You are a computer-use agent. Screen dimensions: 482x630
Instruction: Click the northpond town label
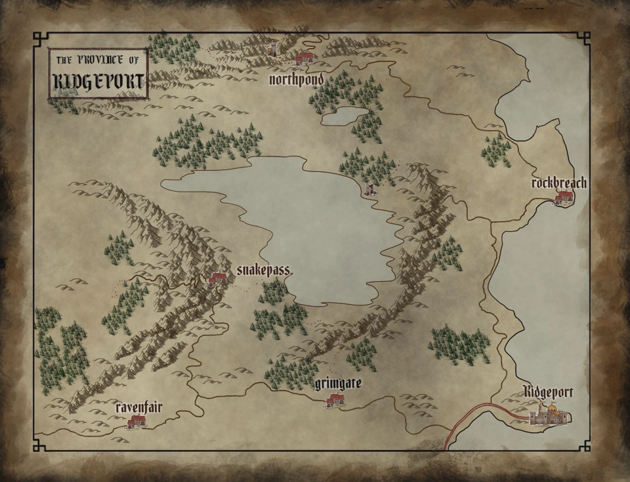(297, 79)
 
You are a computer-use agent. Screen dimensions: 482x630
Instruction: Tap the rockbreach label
(559, 183)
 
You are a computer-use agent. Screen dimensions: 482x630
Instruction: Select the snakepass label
(263, 271)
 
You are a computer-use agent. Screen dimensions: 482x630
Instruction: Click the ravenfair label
(138, 408)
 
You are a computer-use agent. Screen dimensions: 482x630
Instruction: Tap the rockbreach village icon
(563, 197)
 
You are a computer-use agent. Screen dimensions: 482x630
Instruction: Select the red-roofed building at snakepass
(218, 279)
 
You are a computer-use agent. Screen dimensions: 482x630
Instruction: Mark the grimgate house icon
(335, 400)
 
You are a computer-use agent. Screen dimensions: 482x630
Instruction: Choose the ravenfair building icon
(136, 422)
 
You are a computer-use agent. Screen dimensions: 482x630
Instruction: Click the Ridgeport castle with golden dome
(550, 414)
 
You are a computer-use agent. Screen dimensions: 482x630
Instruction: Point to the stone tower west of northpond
(272, 49)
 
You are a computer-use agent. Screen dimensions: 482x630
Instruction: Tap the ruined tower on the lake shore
(370, 189)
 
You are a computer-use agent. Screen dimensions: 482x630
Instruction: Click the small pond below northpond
(344, 116)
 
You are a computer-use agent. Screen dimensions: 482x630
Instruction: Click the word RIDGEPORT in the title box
(98, 82)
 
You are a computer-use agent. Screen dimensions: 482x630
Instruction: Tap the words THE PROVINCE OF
(98, 60)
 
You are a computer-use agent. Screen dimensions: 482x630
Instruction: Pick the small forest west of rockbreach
(497, 150)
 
